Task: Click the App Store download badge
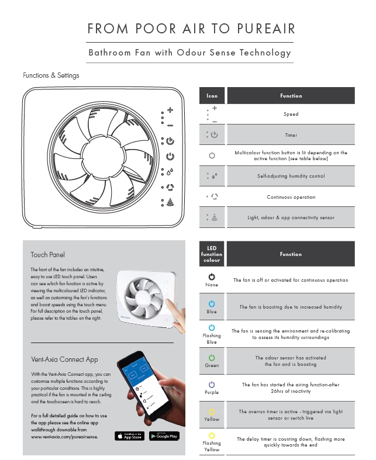tap(129, 435)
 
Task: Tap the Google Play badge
tap(164, 435)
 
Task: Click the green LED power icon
tap(212, 357)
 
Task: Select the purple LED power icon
tap(212, 384)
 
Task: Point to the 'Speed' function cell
tap(291, 114)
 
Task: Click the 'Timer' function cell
tap(291, 135)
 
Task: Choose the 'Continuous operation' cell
tap(291, 197)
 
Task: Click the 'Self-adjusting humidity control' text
tap(291, 176)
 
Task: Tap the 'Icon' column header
tap(212, 96)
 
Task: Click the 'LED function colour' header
tap(212, 254)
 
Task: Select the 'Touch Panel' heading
tap(48, 255)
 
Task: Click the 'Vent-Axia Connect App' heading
tap(64, 359)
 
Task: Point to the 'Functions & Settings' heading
tap(51, 75)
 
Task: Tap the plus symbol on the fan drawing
tap(170, 109)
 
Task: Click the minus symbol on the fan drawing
tap(170, 125)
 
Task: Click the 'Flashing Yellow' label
tap(212, 446)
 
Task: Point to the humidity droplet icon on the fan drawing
tap(170, 172)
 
